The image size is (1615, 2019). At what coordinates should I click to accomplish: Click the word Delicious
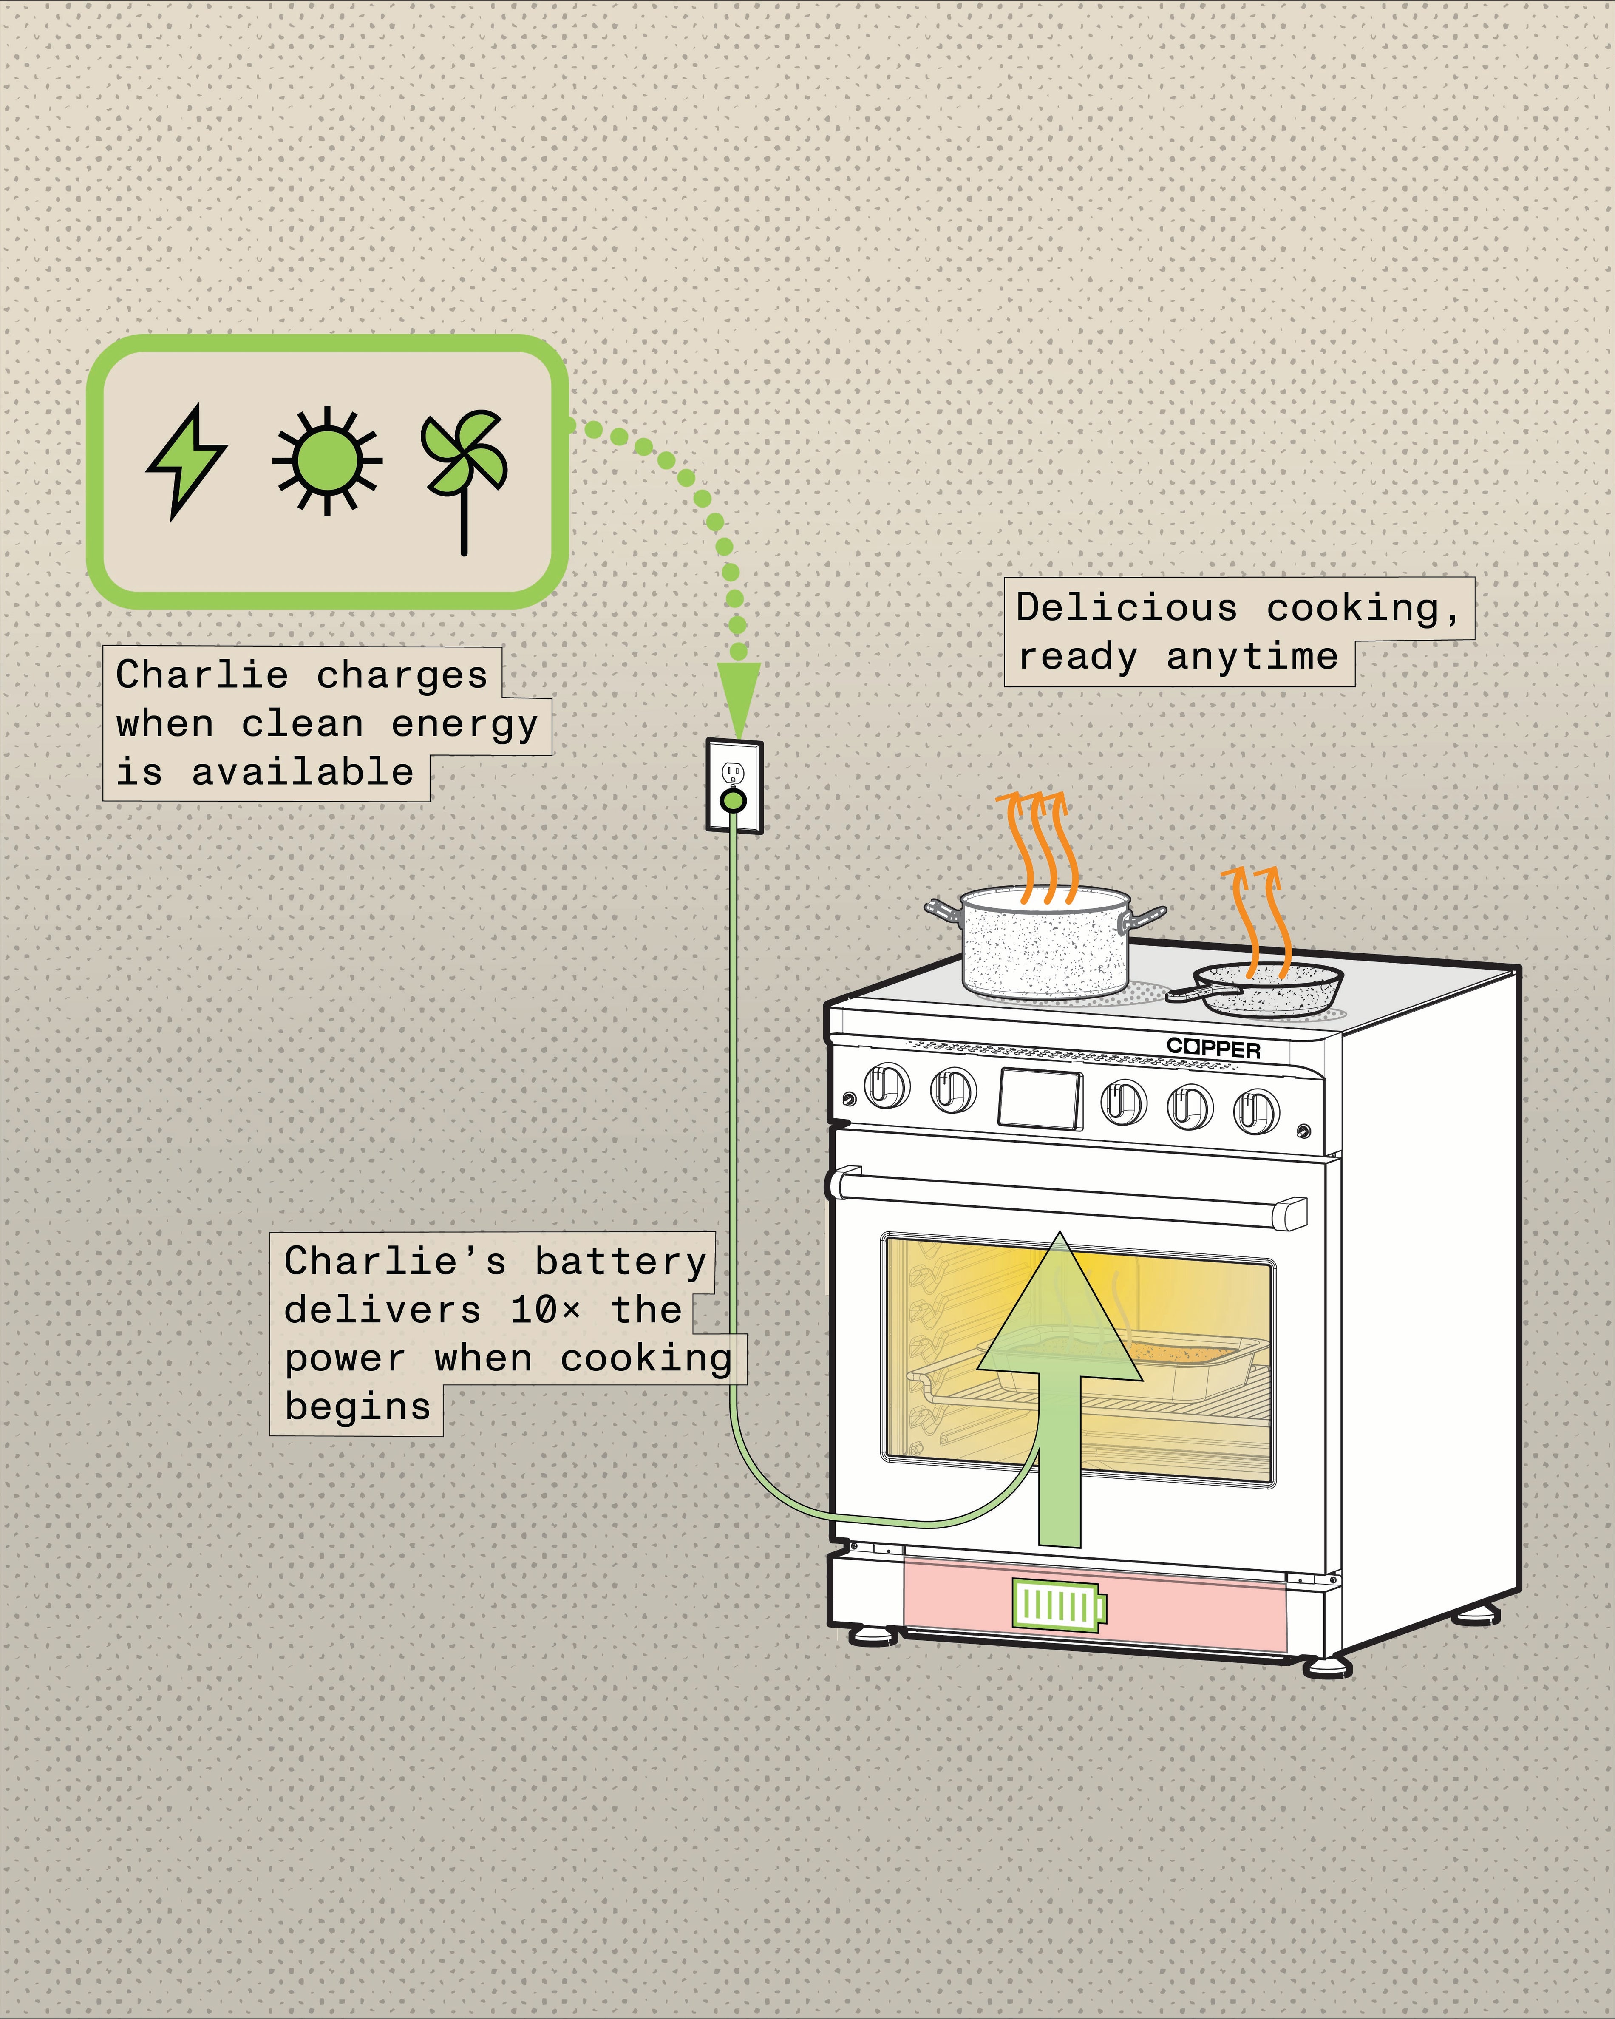[1126, 608]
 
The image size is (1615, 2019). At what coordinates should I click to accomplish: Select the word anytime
[1252, 656]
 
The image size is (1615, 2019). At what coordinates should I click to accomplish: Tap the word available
[303, 773]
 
